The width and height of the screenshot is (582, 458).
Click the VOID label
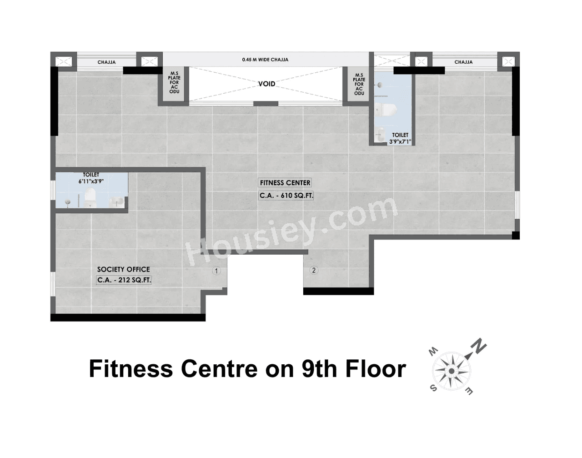266,84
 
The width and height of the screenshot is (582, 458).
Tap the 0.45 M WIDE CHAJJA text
265,60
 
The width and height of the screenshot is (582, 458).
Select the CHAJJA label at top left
106,62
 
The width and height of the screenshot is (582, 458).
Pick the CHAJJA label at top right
463,62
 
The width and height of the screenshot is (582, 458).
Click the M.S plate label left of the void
174,82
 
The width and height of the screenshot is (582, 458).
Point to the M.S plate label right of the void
359,84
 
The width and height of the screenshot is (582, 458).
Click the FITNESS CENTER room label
285,183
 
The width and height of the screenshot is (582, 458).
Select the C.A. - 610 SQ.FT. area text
286,196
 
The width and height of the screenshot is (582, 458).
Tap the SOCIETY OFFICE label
123,269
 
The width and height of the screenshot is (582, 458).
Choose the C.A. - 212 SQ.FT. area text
124,280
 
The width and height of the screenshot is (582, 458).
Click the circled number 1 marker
216,271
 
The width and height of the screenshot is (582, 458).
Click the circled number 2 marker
313,271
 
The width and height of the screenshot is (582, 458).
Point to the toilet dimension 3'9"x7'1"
400,142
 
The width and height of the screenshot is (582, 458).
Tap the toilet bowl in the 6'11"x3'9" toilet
90,197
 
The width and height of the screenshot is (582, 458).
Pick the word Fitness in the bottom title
131,368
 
